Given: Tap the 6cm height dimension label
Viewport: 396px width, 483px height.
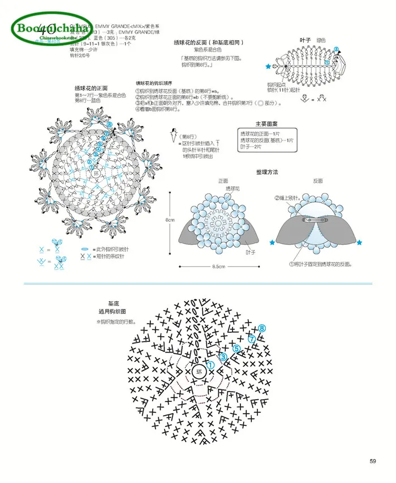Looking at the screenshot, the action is (170, 219).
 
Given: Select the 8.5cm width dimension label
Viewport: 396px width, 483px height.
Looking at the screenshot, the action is (219, 266).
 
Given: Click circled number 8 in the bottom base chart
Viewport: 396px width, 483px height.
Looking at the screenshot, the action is (262, 328).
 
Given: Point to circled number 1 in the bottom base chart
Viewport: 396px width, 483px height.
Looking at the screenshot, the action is (210, 366).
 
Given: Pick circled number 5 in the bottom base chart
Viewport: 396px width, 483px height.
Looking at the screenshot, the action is (237, 348).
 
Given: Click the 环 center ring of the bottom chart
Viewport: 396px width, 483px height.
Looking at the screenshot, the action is (199, 372).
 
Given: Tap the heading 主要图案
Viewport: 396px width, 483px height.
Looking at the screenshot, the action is (266, 124).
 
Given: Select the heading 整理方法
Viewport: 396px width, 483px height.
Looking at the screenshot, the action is (267, 171).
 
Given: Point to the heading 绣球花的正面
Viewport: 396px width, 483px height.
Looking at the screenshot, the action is (91, 88).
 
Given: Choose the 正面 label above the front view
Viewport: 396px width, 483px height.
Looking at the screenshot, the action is (223, 181).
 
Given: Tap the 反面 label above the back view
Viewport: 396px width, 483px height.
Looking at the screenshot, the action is (318, 181).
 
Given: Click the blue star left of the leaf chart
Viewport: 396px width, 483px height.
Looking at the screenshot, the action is (268, 66).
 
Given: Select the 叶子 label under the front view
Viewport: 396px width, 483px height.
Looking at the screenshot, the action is (250, 252).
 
